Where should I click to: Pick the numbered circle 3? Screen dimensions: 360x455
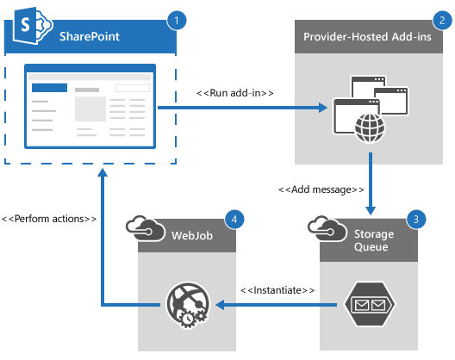point(418,219)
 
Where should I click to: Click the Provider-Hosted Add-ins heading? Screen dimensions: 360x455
point(373,38)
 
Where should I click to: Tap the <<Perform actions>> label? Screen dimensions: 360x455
point(48,219)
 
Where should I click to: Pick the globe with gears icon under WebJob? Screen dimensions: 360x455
point(185,304)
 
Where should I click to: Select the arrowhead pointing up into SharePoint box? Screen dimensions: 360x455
point(103,173)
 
